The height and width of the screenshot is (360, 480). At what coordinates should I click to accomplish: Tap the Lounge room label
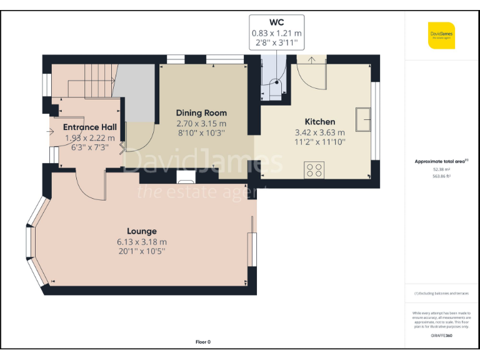(141, 231)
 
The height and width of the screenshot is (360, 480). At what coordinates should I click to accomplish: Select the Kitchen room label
(319, 122)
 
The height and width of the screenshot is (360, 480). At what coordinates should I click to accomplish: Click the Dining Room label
(201, 113)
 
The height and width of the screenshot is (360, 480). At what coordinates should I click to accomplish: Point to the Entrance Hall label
(90, 127)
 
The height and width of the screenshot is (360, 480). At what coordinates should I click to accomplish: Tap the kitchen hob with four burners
(314, 170)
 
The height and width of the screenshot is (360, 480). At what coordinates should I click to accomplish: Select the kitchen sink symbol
(362, 120)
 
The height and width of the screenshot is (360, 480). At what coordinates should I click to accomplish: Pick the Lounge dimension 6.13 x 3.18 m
(141, 242)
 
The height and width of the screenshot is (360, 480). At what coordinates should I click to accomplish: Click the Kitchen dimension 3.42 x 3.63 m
(319, 132)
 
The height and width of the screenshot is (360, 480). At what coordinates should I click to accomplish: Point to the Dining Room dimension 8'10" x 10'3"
(201, 133)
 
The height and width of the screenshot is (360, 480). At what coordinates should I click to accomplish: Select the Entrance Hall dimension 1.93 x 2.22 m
(90, 137)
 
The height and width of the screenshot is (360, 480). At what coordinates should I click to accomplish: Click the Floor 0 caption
(203, 342)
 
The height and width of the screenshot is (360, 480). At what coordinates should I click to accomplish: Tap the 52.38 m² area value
(441, 169)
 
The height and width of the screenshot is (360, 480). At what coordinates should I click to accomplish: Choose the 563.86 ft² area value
(441, 176)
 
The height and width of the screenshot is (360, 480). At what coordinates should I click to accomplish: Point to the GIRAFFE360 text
(441, 336)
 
